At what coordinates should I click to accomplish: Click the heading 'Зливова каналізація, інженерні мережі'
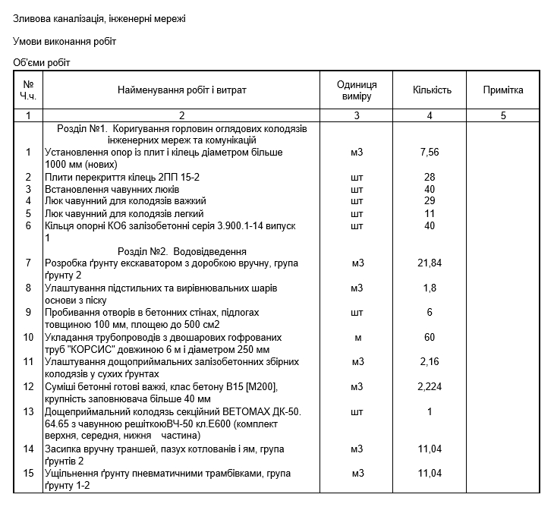[99, 18]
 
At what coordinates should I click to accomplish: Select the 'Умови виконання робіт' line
[65, 41]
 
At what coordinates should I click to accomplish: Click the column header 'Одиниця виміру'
[357, 90]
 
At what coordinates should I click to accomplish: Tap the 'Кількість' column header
[432, 90]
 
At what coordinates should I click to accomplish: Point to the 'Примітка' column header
[503, 90]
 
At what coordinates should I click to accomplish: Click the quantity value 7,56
[430, 153]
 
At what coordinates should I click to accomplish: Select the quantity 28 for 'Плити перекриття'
[430, 177]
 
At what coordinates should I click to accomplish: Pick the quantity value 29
[430, 201]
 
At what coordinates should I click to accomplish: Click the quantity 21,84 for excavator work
[430, 263]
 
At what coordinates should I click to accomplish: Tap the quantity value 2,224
[430, 387]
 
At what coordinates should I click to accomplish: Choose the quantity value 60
[430, 337]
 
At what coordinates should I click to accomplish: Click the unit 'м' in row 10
[357, 337]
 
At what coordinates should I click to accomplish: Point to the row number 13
[29, 412]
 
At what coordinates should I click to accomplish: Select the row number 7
[29, 263]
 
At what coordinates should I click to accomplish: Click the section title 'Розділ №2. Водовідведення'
[182, 251]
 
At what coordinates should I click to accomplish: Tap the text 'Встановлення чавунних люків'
[112, 189]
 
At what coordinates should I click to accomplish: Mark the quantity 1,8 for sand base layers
[430, 288]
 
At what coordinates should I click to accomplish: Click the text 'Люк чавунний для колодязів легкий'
[124, 214]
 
